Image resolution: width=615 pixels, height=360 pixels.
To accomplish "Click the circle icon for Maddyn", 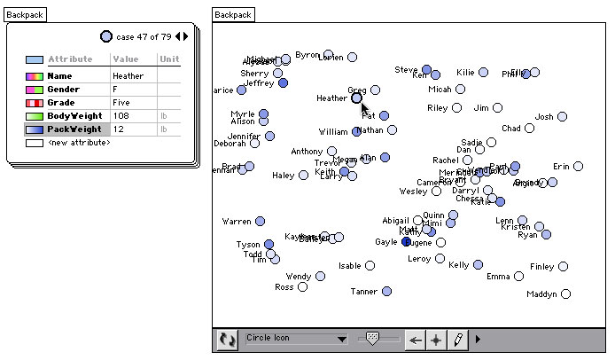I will point(565,294).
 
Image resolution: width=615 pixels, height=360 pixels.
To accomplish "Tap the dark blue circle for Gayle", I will point(406,241).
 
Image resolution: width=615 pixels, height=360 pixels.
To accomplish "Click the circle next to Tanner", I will point(386,291).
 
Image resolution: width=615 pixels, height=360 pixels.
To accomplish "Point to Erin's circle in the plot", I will point(578,166).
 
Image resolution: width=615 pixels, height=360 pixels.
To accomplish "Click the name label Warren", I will point(237,221).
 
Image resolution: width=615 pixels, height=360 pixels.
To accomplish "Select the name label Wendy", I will point(299,277).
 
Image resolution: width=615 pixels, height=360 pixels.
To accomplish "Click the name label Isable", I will point(350,265).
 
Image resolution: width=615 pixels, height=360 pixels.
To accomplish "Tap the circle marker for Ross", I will point(303,287).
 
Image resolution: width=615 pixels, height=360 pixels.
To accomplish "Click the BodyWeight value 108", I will point(121,116).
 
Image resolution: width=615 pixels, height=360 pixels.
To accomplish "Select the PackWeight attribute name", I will point(72,129).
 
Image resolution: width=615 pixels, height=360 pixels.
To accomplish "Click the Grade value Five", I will point(122,103).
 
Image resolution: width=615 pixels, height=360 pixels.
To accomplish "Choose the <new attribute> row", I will point(79,142).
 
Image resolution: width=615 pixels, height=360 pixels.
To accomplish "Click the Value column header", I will point(125,59).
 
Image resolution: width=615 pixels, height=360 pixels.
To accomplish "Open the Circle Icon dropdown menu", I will point(296,339).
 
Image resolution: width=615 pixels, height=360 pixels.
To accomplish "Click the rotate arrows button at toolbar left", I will point(228,339).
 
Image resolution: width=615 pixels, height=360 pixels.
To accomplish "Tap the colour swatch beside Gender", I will point(35,90).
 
